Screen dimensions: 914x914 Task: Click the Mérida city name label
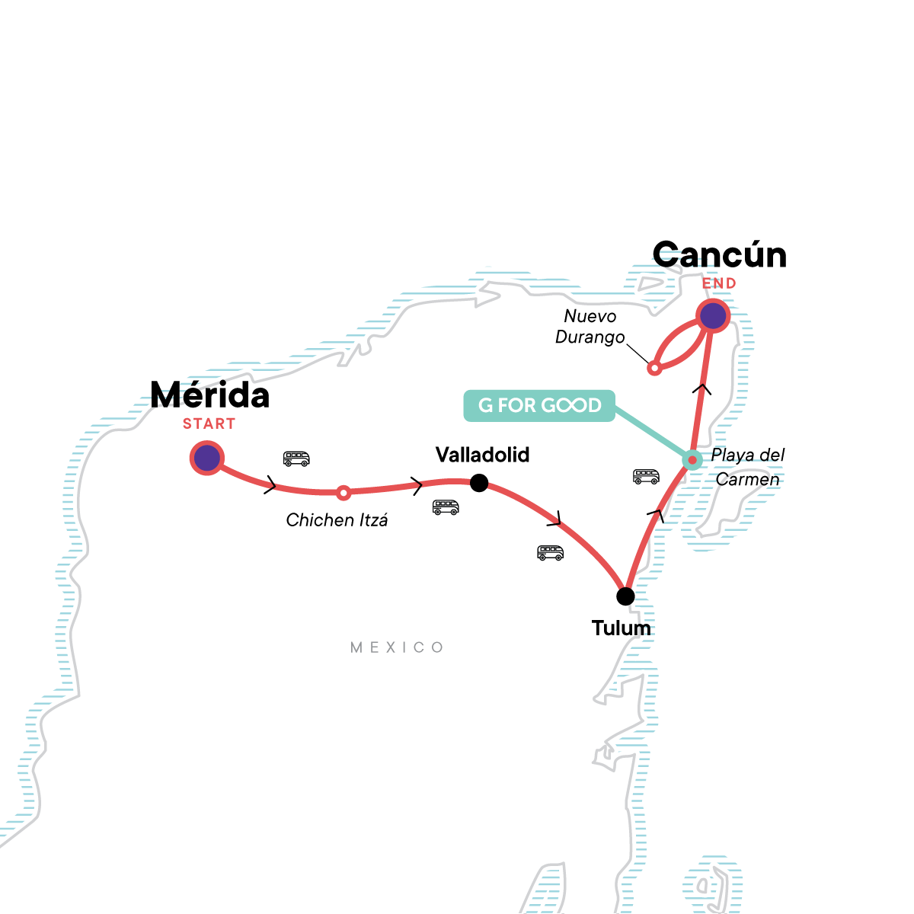click(209, 395)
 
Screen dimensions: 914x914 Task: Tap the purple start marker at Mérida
click(207, 458)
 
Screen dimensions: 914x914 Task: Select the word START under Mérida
click(209, 424)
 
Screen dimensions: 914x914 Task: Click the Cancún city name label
click(719, 254)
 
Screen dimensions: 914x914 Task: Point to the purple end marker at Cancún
click(713, 315)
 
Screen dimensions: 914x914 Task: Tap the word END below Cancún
click(719, 283)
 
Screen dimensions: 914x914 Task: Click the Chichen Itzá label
click(337, 520)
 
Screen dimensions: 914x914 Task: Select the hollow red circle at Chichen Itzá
click(344, 493)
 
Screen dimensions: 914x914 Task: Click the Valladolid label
click(482, 455)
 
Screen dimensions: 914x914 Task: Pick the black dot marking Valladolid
click(479, 482)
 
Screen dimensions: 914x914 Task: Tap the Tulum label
click(622, 628)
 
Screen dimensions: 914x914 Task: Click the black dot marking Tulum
click(625, 596)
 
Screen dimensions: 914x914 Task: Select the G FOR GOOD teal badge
click(539, 405)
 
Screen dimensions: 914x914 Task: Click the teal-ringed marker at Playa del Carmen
click(691, 459)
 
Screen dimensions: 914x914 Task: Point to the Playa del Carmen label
click(747, 467)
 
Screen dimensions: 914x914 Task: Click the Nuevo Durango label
click(590, 327)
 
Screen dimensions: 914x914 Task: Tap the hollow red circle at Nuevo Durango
click(654, 369)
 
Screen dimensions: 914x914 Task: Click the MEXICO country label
click(397, 647)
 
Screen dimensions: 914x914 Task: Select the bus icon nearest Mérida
click(296, 459)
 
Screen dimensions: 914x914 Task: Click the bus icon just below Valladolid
click(446, 507)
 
